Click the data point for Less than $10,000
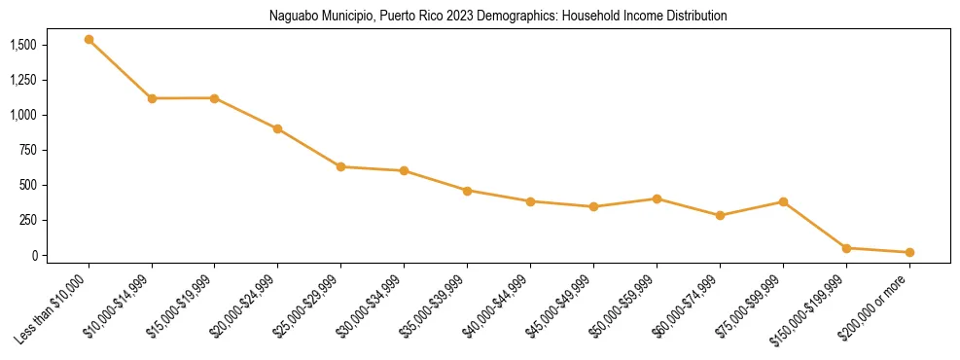(89, 40)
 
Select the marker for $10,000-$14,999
(152, 98)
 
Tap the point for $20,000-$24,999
(278, 128)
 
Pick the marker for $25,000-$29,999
(341, 166)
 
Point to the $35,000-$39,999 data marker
(468, 191)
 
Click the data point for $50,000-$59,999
(657, 198)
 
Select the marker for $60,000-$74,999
(720, 215)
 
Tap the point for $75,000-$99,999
(783, 201)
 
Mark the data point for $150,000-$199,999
(846, 248)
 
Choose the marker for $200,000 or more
(909, 252)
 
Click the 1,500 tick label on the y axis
(23, 45)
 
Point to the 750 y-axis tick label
(28, 150)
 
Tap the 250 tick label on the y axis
(28, 220)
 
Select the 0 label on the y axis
(35, 255)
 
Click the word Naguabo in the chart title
(295, 17)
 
